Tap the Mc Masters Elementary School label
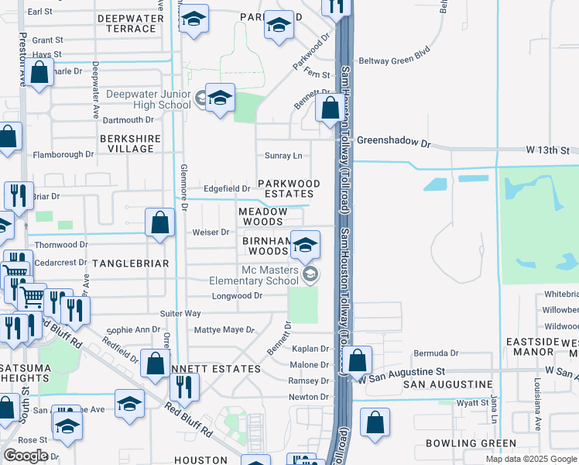[x=269, y=275]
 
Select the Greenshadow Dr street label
[x=393, y=142]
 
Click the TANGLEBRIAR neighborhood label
[x=130, y=263]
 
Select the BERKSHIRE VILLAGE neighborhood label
[x=126, y=143]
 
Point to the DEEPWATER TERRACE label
[x=130, y=22]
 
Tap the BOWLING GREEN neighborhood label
[x=471, y=443]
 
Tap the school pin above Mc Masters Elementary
[x=306, y=246]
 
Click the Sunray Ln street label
[x=283, y=155]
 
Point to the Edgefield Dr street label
[x=226, y=188]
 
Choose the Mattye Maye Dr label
[x=224, y=329]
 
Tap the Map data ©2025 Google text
[x=531, y=459]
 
